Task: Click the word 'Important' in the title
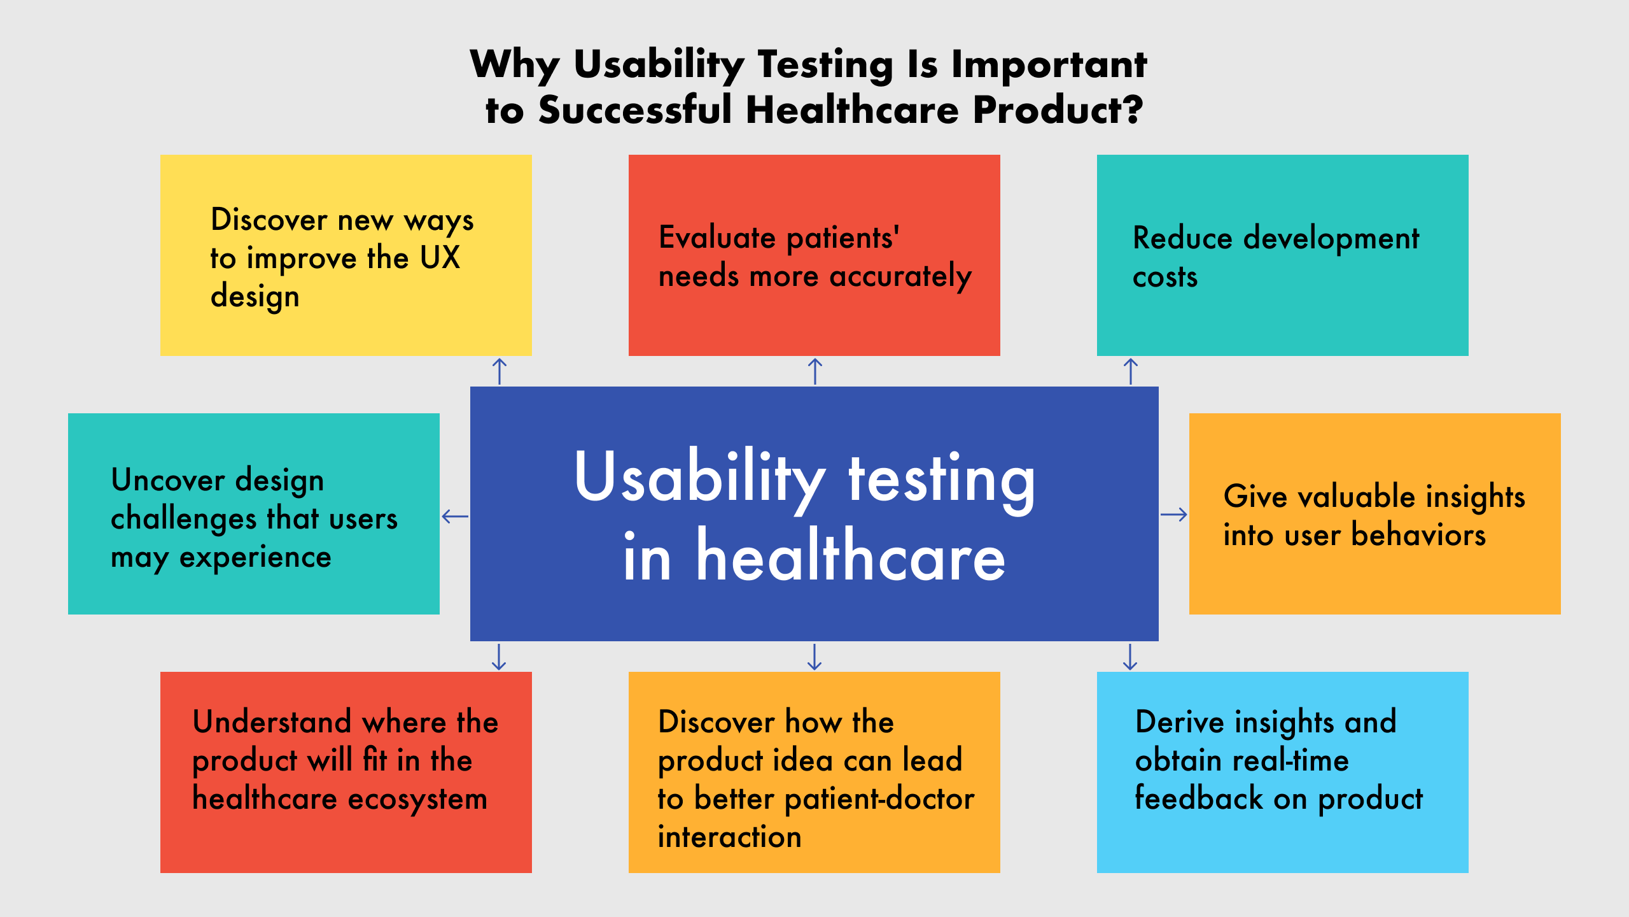click(1049, 66)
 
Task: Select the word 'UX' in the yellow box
click(440, 258)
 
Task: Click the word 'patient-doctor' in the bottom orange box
click(879, 800)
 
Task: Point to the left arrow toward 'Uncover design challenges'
click(455, 516)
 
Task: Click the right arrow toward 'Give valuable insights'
click(1174, 515)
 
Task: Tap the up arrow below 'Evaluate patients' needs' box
click(815, 371)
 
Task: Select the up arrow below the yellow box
click(500, 371)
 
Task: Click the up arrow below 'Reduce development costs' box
click(1131, 371)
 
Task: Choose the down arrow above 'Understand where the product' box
click(499, 657)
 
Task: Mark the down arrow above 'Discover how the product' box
click(814, 657)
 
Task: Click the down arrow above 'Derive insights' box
click(1130, 657)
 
